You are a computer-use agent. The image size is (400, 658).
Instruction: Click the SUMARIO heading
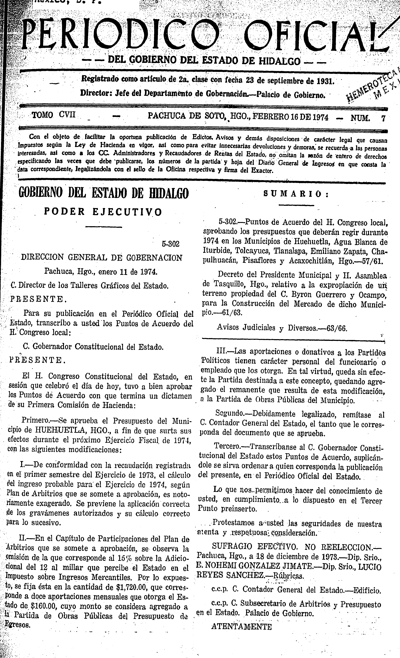296,194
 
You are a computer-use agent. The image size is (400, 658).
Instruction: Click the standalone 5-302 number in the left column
170,244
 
